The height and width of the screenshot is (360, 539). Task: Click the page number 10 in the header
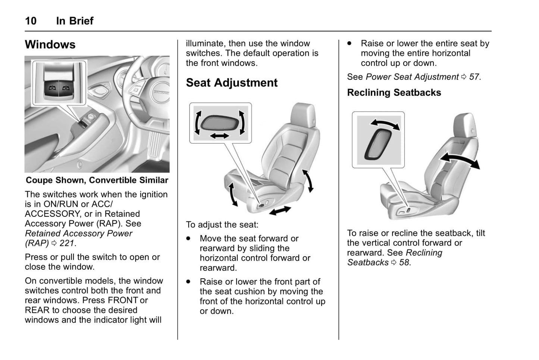31,21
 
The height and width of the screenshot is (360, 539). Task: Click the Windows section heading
50,45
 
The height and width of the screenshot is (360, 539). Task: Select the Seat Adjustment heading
232,83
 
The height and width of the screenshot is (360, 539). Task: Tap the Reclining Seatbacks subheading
394,93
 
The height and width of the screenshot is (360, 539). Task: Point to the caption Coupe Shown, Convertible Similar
97,181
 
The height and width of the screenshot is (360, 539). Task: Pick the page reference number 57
474,77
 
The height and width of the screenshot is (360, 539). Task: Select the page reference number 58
404,263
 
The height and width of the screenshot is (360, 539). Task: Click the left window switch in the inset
52,88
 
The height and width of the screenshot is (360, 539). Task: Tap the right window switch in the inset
66,88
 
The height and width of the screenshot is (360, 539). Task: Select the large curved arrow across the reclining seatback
460,160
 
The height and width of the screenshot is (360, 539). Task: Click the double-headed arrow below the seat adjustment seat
280,210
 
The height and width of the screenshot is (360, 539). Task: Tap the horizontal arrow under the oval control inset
220,136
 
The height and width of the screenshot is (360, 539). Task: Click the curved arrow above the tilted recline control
385,124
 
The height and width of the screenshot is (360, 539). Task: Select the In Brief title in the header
75,21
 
